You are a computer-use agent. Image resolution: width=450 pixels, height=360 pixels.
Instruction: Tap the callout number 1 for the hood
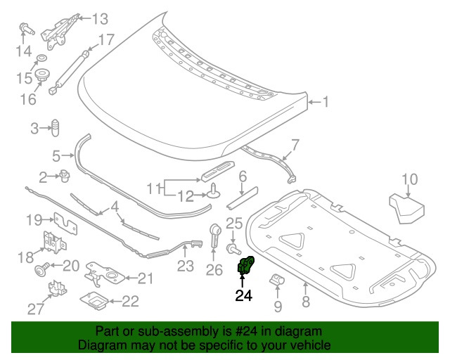[x=326, y=102]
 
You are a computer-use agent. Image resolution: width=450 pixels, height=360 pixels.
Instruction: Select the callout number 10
[x=410, y=179]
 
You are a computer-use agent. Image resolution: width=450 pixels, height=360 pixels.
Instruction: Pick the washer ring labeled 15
[x=41, y=56]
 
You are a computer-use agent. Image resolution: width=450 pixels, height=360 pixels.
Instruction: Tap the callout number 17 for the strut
[x=105, y=40]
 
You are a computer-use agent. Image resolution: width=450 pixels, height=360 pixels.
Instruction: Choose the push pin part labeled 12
[x=212, y=190]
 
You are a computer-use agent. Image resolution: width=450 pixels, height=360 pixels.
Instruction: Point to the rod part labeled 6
[x=242, y=198]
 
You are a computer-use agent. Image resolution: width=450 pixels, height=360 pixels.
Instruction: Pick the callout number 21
[x=144, y=279]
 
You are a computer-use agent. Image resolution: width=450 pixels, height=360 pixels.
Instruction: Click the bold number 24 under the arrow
[x=243, y=296]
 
